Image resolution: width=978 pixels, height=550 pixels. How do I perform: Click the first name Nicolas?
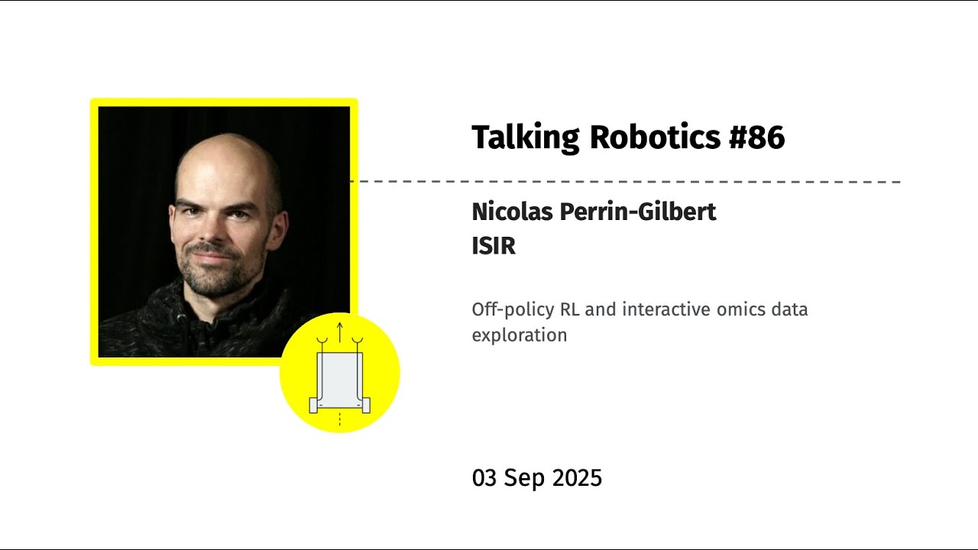(x=512, y=212)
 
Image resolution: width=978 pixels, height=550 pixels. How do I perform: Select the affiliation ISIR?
(x=494, y=246)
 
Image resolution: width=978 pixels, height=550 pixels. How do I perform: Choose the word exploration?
(x=520, y=335)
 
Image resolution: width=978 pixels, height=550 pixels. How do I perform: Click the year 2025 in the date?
(x=577, y=478)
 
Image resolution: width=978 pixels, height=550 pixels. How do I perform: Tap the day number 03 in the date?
(x=484, y=478)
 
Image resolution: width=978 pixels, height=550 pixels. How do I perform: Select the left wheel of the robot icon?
(x=313, y=405)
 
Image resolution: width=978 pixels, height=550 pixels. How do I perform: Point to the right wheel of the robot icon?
(x=366, y=405)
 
